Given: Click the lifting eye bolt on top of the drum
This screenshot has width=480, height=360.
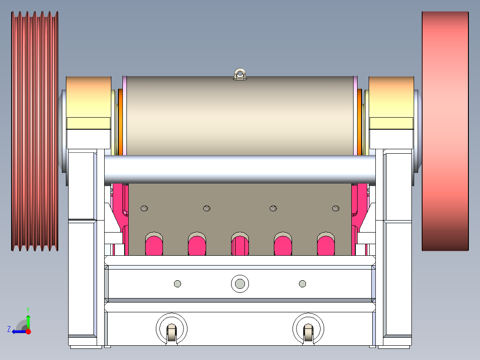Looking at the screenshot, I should [x=240, y=74].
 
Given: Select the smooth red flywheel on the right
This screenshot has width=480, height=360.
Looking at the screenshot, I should [x=445, y=131].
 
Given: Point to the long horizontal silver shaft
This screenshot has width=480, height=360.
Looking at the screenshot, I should [x=240, y=169].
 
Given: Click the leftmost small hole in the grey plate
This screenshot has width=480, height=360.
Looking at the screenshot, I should [x=144, y=208].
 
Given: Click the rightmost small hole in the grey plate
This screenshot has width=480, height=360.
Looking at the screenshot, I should [x=336, y=208].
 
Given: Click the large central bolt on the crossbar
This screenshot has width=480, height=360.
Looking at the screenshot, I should [x=240, y=283].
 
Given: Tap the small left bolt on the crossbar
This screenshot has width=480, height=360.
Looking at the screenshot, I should [x=178, y=283].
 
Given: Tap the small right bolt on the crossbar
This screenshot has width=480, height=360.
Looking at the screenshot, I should [x=303, y=283].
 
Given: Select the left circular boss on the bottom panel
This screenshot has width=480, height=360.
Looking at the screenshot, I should [x=171, y=329].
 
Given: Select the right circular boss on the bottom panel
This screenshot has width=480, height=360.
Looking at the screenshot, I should [x=308, y=329].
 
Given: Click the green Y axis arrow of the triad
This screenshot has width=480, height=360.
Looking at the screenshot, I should [x=28, y=320].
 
